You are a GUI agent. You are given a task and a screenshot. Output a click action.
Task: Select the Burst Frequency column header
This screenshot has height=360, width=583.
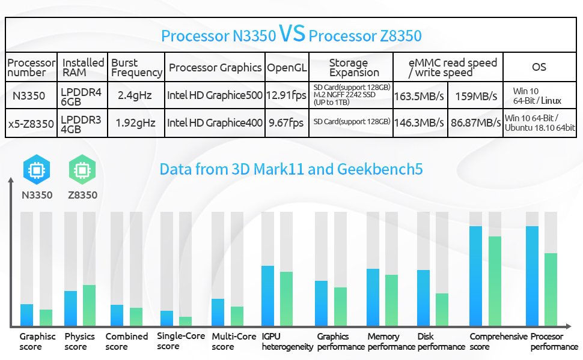point(137,68)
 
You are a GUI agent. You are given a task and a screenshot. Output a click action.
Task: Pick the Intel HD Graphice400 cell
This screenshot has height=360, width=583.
point(215,123)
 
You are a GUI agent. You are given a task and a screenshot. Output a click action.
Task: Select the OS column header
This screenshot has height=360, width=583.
point(539,67)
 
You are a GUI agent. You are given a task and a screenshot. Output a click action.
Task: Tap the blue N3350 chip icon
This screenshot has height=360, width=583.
point(37,170)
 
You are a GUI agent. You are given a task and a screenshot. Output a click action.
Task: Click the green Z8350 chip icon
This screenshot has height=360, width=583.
point(82,170)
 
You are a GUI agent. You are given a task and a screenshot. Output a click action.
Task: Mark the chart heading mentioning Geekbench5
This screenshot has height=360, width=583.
point(291,169)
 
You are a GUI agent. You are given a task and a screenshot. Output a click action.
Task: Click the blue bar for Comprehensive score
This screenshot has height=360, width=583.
point(475,275)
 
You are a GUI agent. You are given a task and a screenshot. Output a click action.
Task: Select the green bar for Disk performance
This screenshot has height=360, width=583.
point(442,309)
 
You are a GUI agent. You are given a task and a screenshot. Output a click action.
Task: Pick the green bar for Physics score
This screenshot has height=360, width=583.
point(89,305)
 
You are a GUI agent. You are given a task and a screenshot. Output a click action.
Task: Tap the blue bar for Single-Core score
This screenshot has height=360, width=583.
point(166,318)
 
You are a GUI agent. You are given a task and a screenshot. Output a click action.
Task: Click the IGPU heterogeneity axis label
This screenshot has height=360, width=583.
point(287,341)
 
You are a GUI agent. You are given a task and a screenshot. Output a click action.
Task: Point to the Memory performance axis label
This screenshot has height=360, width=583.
point(391,341)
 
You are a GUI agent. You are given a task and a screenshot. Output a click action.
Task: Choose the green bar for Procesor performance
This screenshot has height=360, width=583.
point(551,289)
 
